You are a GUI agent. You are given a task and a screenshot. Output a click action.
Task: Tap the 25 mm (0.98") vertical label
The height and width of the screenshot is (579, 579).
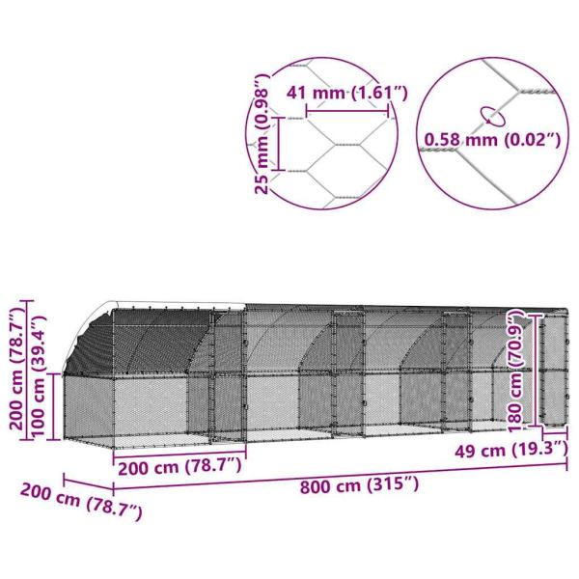click(262, 134)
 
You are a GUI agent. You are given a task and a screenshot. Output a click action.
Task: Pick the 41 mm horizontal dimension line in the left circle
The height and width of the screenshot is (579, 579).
click(347, 112)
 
